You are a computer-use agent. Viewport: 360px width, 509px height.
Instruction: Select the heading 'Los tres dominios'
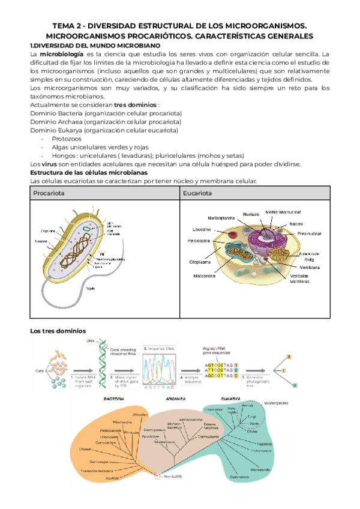58,331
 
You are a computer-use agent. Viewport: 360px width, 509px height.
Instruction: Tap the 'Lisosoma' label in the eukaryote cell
201,229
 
